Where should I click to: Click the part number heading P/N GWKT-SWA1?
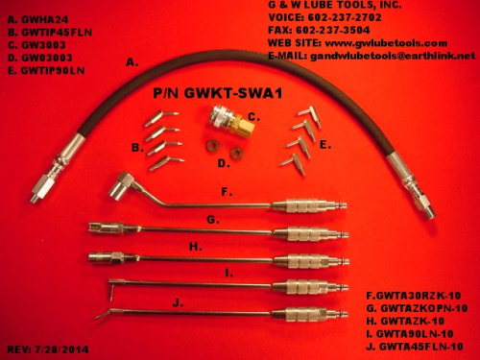pyautogui.click(x=218, y=93)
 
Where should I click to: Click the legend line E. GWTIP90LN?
pyautogui.click(x=46, y=71)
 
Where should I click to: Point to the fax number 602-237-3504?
pyautogui.click(x=333, y=30)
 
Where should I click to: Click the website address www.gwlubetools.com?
pyautogui.click(x=386, y=43)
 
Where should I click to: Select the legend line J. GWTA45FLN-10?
pyautogui.click(x=415, y=347)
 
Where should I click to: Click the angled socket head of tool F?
pyautogui.click(x=118, y=185)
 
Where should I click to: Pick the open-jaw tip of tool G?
pyautogui.click(x=99, y=228)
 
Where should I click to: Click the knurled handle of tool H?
pyautogui.click(x=300, y=261)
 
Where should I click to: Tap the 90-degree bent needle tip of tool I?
pyautogui.click(x=111, y=289)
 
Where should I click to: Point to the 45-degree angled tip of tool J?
pyautogui.click(x=103, y=314)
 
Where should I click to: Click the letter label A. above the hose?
pyautogui.click(x=132, y=62)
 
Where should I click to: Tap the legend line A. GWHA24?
pyautogui.click(x=37, y=19)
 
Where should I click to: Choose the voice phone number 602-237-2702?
pyautogui.click(x=345, y=17)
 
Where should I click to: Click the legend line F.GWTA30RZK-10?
pyautogui.click(x=414, y=296)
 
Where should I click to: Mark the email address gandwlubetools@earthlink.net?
pyautogui.click(x=393, y=56)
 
